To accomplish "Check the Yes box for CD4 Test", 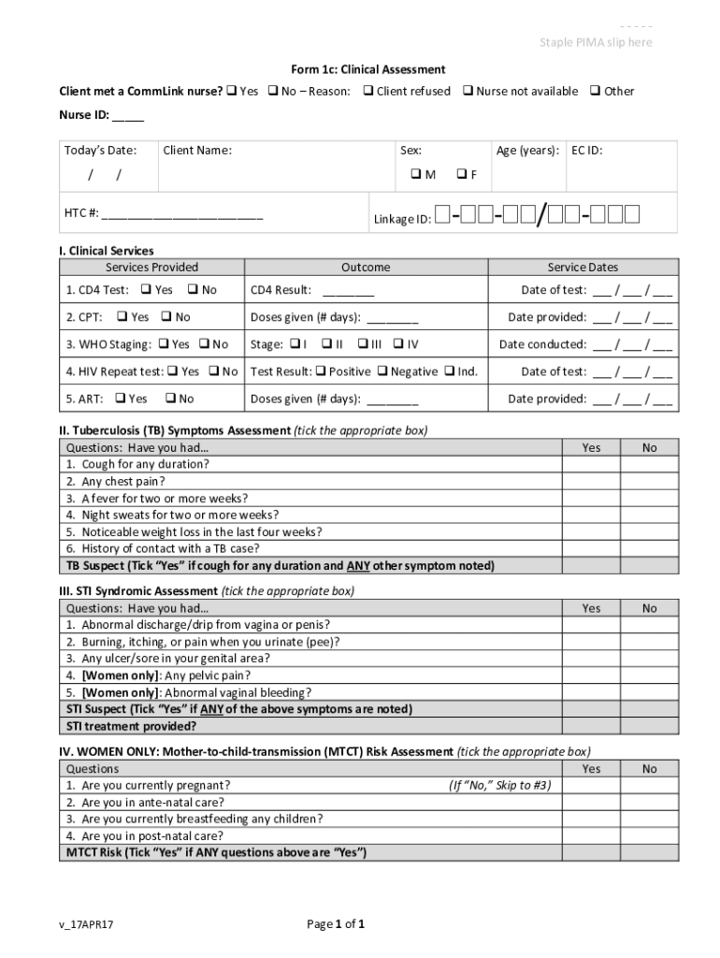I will pos(146,290).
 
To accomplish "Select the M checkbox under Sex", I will pos(416,175).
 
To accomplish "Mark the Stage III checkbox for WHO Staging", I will pos(363,344).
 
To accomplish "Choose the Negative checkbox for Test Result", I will pos(382,371).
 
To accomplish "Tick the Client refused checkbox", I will pos(368,91).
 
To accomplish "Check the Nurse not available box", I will pos(468,91).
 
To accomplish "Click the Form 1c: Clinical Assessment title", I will pos(367,69).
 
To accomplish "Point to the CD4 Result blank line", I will pos(348,292).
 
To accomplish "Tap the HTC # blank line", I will pos(182,215).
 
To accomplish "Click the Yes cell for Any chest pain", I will pos(591,482).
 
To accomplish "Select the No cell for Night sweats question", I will pos(649,515).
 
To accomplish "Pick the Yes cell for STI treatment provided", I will pos(591,726).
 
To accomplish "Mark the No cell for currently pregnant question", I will pos(649,786).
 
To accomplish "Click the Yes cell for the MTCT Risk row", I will pos(591,853).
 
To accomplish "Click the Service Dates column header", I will pos(583,268).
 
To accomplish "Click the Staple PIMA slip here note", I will pos(596,43).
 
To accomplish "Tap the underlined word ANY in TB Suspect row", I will pos(357,566).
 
